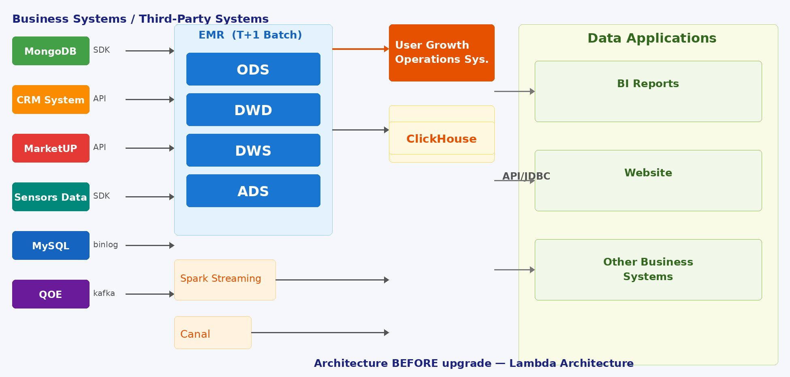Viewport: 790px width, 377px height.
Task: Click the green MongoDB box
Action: pyautogui.click(x=51, y=51)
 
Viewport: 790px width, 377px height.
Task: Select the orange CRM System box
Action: pyautogui.click(x=51, y=99)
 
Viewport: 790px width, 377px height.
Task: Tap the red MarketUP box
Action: pyautogui.click(x=51, y=148)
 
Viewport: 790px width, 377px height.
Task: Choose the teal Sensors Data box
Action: pyautogui.click(x=51, y=197)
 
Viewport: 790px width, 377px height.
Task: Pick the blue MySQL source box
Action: pyautogui.click(x=51, y=245)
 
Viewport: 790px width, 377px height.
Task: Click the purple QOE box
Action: pyautogui.click(x=51, y=294)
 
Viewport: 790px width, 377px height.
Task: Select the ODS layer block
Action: pyautogui.click(x=253, y=69)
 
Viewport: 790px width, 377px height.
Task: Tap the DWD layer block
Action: pyautogui.click(x=253, y=109)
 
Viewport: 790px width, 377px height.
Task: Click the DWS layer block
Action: pyautogui.click(x=253, y=150)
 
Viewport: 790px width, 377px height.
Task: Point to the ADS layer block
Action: pyautogui.click(x=253, y=191)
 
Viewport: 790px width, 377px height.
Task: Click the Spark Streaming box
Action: pyautogui.click(x=225, y=280)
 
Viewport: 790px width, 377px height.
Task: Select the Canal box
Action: pyautogui.click(x=213, y=332)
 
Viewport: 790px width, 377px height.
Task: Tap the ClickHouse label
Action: pyautogui.click(x=442, y=139)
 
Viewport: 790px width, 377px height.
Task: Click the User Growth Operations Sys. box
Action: pyautogui.click(x=442, y=53)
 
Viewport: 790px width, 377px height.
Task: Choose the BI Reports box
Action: pyautogui.click(x=648, y=91)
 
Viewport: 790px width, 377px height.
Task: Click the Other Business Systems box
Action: pyautogui.click(x=648, y=270)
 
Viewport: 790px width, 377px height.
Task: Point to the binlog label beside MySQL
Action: pyautogui.click(x=106, y=244)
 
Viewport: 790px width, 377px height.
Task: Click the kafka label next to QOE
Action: pyautogui.click(x=104, y=293)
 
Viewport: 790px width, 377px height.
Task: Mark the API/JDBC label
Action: pyautogui.click(x=526, y=176)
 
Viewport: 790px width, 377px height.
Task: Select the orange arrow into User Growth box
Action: pyautogui.click(x=361, y=49)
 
